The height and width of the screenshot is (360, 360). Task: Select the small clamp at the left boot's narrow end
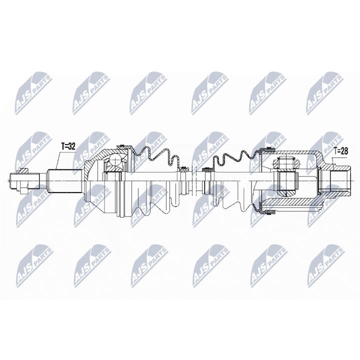tap(184, 168)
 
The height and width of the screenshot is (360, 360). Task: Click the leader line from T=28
tap(333, 159)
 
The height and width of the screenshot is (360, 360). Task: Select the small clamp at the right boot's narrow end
tap(207, 170)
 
